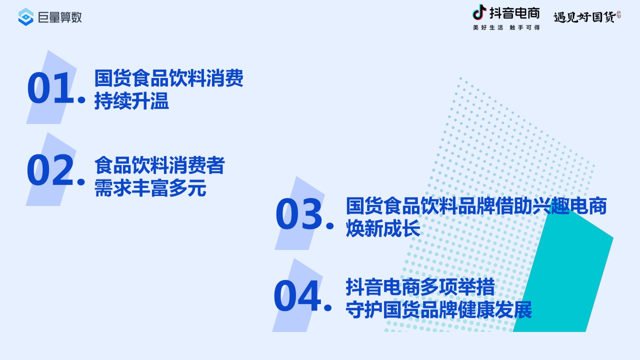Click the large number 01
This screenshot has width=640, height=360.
click(50, 88)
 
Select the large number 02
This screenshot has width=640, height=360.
click(50, 171)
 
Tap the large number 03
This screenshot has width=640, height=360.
click(298, 215)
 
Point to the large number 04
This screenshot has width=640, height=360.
click(296, 297)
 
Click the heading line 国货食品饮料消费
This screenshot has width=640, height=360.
click(168, 78)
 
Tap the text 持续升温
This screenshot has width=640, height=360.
click(131, 101)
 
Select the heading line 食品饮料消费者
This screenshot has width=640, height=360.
click(159, 165)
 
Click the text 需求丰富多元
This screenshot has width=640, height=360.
click(150, 188)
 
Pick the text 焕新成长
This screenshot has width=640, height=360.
click(383, 229)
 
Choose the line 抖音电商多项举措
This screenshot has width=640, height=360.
click(420, 287)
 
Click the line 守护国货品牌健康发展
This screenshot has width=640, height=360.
click(438, 310)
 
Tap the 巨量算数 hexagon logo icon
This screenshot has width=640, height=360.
click(25, 17)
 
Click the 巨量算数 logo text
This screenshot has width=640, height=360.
click(59, 17)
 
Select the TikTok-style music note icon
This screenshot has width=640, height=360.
click(479, 12)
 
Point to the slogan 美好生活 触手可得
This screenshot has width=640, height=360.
click(506, 27)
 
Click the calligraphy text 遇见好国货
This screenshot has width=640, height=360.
click(584, 17)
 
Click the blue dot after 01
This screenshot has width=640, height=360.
click(81, 100)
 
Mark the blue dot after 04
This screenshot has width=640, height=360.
click(328, 307)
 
